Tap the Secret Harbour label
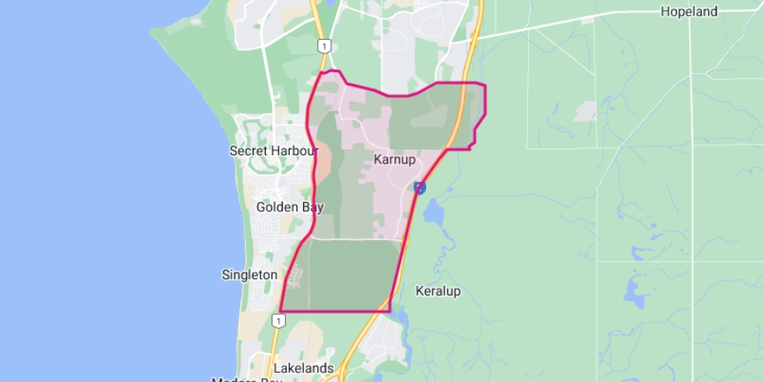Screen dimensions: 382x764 point(273,151)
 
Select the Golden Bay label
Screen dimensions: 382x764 point(289,207)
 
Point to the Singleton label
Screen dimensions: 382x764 point(249,274)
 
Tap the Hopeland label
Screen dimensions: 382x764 point(688,12)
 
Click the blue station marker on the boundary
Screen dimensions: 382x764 point(420,188)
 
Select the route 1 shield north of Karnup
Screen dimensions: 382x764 point(323,47)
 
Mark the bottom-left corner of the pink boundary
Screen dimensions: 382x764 point(281,311)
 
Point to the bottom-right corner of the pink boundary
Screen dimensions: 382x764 point(389,311)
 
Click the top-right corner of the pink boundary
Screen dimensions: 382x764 point(485,85)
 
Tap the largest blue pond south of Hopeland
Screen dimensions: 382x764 point(635,291)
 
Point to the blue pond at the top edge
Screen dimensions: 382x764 point(332,3)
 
